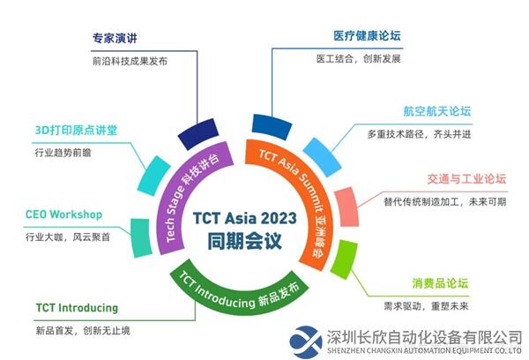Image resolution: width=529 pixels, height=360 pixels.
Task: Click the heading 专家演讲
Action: (115, 38)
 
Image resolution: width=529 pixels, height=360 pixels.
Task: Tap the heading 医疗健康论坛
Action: (367, 36)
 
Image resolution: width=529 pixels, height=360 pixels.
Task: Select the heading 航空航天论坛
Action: (437, 111)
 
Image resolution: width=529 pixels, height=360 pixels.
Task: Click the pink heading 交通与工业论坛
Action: (466, 178)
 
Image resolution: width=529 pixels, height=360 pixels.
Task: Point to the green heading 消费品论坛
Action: (440, 283)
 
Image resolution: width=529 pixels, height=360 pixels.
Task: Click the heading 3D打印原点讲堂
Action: (76, 130)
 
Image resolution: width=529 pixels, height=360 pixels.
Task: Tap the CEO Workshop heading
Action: (63, 214)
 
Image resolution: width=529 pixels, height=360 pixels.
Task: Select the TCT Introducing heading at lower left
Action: (77, 308)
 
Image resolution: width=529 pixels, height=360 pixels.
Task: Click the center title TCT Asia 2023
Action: (244, 218)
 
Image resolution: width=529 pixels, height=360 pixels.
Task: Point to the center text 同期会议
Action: (244, 241)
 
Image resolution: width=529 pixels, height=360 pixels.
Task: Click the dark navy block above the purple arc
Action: (198, 133)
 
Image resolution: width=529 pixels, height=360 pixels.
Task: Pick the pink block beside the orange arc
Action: (346, 206)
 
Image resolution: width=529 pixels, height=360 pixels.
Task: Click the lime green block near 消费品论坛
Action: (344, 259)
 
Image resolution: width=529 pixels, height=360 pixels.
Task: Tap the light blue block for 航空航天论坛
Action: (322, 157)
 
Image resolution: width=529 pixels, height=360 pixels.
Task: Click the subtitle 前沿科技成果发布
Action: (130, 61)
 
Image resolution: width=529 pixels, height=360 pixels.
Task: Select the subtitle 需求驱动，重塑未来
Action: (426, 306)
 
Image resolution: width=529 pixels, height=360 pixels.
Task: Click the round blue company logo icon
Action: (306, 341)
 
